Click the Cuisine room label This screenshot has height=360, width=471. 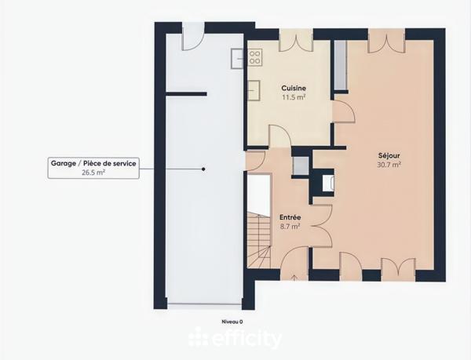pyautogui.click(x=294, y=89)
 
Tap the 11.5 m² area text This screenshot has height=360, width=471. pyautogui.click(x=294, y=98)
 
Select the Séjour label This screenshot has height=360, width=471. pyautogui.click(x=389, y=155)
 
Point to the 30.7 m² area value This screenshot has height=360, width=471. pyautogui.click(x=389, y=165)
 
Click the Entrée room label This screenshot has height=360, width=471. pyautogui.click(x=290, y=217)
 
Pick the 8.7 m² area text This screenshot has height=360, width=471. pyautogui.click(x=290, y=227)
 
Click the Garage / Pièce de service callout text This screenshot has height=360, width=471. pyautogui.click(x=93, y=164)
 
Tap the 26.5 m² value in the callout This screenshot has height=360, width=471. pyautogui.click(x=93, y=173)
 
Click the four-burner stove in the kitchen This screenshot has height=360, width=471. pyautogui.click(x=255, y=56)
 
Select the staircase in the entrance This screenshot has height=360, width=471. pyautogui.click(x=258, y=238)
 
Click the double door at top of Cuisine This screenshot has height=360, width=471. pyautogui.click(x=295, y=40)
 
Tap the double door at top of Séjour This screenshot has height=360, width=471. pyautogui.click(x=386, y=40)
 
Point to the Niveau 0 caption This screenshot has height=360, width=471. pyautogui.click(x=233, y=322)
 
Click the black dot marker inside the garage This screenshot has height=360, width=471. pyautogui.click(x=203, y=169)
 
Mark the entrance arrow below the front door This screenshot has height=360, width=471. pyautogui.click(x=294, y=277)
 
